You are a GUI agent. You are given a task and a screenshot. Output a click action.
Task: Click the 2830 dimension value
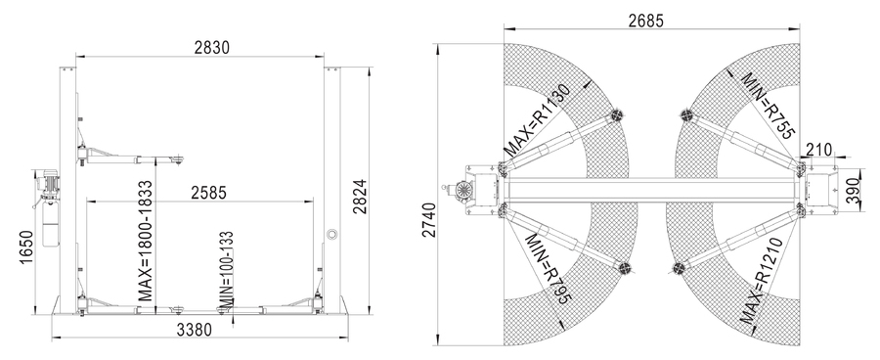click(x=212, y=47)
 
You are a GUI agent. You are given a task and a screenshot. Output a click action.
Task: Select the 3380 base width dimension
click(x=195, y=330)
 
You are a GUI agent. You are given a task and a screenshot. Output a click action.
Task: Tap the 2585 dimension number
click(x=209, y=193)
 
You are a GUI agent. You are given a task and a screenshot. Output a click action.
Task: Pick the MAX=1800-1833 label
click(x=145, y=241)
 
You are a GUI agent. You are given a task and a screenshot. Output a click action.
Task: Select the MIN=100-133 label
click(x=226, y=270)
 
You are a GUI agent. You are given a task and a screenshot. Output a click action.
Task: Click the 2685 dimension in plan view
click(x=645, y=21)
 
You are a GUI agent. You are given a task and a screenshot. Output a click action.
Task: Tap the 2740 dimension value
click(x=429, y=219)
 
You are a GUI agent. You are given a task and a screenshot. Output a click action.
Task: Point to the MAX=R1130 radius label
click(x=537, y=120)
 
